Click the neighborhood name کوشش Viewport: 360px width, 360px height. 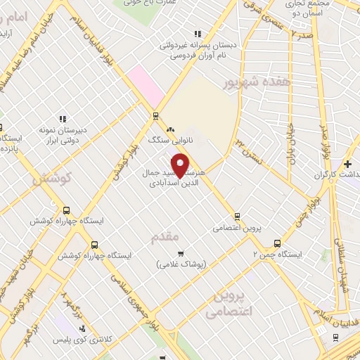point(52,179)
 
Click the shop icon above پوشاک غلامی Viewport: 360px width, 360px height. point(181,252)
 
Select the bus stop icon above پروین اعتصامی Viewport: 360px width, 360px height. point(238,217)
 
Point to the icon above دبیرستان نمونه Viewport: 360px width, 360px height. point(62,119)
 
